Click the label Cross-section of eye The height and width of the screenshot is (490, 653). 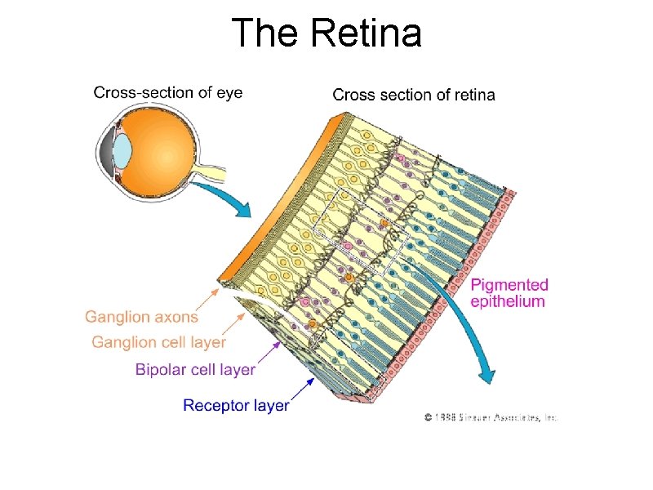[168, 92]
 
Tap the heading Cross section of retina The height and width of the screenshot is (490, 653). [413, 95]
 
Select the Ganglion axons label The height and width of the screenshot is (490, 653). [141, 317]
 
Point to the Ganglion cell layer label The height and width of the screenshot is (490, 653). [158, 342]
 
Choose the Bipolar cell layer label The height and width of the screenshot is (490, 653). [195, 370]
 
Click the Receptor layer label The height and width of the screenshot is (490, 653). [236, 404]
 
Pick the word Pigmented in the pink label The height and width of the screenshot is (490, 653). [510, 285]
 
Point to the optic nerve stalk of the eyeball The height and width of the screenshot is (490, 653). [211, 171]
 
